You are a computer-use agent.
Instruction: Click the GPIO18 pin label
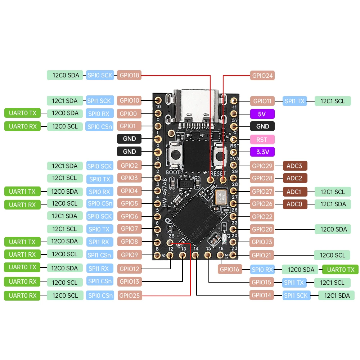click(x=129, y=75)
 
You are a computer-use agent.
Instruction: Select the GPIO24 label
click(x=262, y=76)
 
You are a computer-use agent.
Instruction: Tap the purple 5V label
click(x=262, y=114)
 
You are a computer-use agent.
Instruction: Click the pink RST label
click(x=262, y=139)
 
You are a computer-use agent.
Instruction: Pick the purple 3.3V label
click(x=262, y=152)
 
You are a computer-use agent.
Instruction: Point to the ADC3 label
click(x=295, y=166)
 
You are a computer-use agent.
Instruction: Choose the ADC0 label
click(x=295, y=204)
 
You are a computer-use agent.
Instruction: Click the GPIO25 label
click(x=130, y=296)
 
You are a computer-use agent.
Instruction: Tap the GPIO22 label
click(x=262, y=216)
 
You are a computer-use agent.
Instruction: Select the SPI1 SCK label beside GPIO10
click(x=100, y=100)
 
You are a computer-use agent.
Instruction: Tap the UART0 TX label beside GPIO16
click(x=340, y=269)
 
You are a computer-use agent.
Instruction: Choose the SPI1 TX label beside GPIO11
click(x=295, y=101)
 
